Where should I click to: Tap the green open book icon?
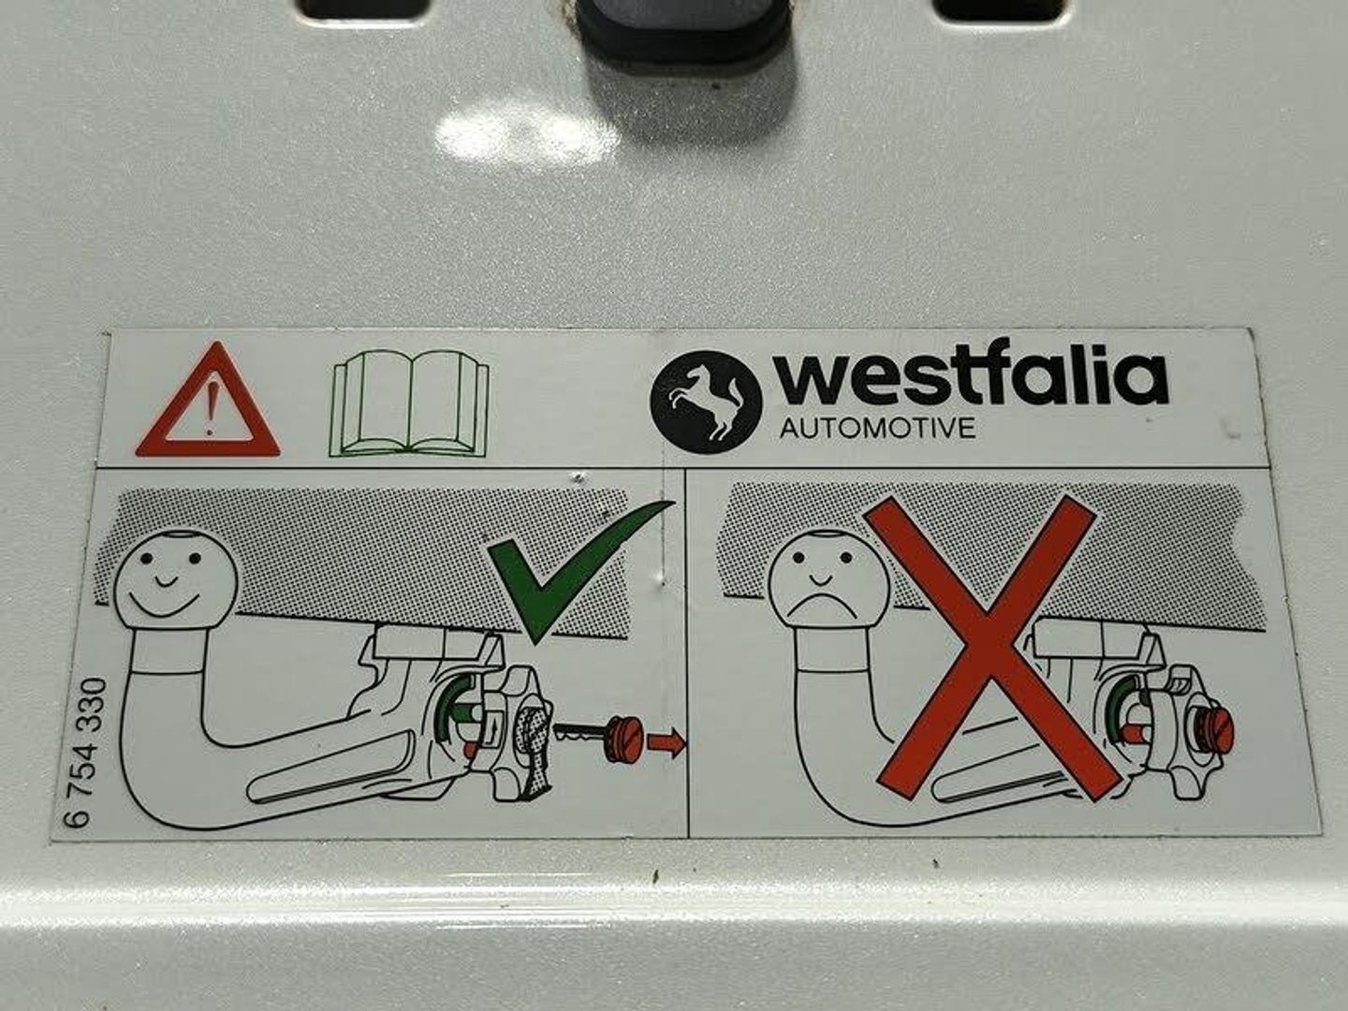pyautogui.click(x=410, y=403)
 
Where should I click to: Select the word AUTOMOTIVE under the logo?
pyautogui.click(x=878, y=428)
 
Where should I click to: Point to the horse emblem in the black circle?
pyautogui.click(x=706, y=403)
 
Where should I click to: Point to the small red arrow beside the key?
pyautogui.click(x=667, y=742)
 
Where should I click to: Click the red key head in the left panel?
pyautogui.click(x=624, y=740)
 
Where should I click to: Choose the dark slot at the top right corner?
pyautogui.click(x=1001, y=9)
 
